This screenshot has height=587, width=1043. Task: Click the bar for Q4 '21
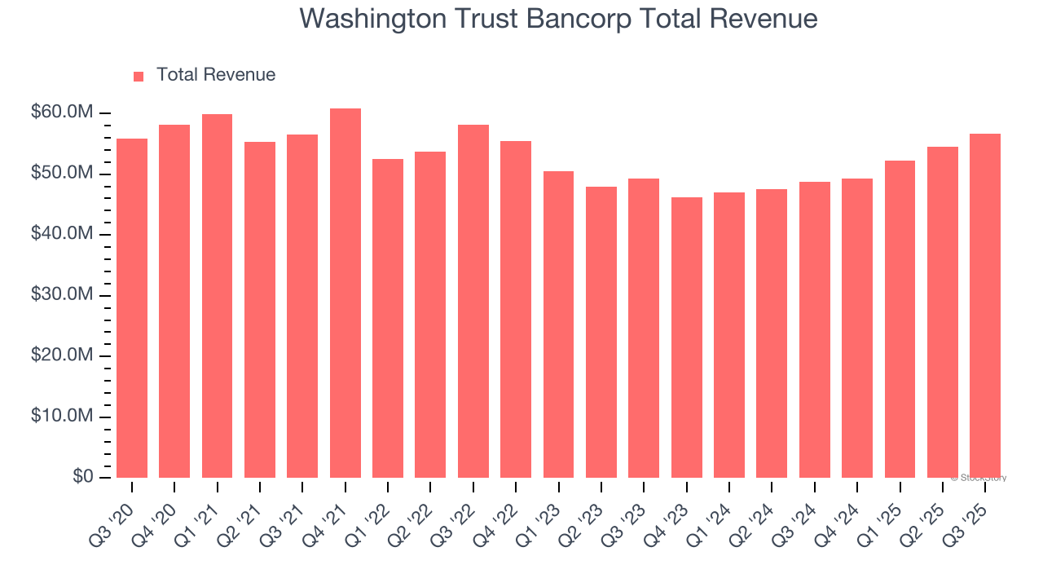[x=345, y=293]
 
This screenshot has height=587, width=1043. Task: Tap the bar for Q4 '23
[x=686, y=338]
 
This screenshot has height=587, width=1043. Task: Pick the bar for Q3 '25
[x=985, y=306]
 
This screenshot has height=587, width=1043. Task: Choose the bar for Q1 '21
[x=217, y=296]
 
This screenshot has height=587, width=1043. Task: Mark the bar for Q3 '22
[x=473, y=302]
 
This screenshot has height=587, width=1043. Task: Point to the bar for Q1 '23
[x=558, y=324]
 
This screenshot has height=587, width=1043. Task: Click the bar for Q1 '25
[x=900, y=320]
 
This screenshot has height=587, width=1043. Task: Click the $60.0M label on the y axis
[x=61, y=113]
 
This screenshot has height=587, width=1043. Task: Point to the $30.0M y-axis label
[x=61, y=295]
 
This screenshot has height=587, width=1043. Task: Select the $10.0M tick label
[x=61, y=417]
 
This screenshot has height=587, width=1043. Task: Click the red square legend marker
[x=139, y=76]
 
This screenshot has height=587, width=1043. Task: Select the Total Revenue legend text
[x=216, y=75]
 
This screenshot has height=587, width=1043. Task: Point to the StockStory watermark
[x=979, y=478]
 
